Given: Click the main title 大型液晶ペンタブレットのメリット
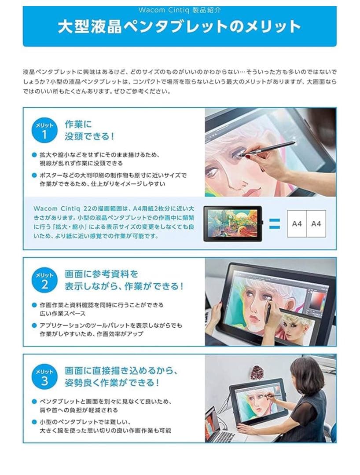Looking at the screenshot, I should pos(180,27).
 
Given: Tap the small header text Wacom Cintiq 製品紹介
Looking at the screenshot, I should pos(180,9).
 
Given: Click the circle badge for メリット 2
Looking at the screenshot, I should pos(44,280).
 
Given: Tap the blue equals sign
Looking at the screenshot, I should pos(274,223).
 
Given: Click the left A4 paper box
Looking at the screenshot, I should pos(297,223).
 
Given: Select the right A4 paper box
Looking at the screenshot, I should pos(316,223).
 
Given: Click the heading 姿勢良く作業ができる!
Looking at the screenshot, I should pos(112,382).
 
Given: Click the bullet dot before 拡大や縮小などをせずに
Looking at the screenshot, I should pos(34,155).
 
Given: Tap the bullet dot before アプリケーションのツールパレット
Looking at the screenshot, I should pos(34,326).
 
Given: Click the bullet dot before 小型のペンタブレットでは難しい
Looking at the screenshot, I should pos(34,422).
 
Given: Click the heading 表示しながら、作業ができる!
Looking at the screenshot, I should pos(124,286).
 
